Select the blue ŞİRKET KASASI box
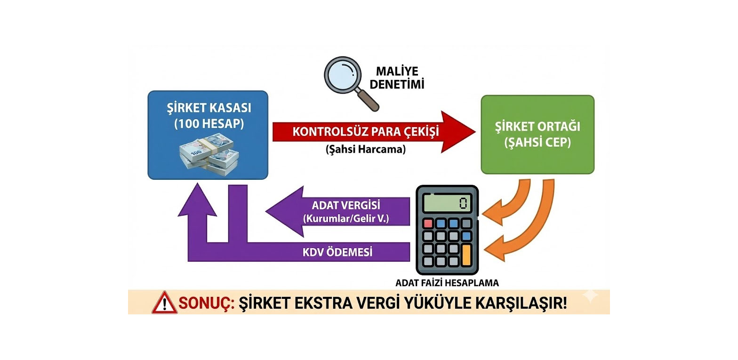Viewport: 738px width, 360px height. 208,135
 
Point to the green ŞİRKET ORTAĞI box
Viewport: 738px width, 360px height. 537,135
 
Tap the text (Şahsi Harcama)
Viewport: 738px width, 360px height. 365,150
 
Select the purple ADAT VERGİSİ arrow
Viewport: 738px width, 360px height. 339,212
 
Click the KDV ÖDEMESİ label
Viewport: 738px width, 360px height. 337,252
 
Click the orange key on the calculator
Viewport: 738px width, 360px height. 466,254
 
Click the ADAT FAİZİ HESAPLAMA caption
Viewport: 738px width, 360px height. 447,283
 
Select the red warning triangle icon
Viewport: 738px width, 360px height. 164,303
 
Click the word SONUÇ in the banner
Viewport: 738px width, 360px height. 206,303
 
